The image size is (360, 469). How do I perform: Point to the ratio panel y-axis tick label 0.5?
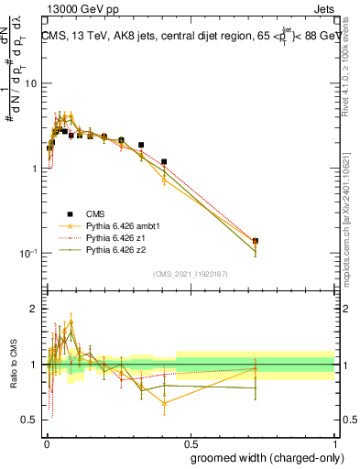point(30,420)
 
